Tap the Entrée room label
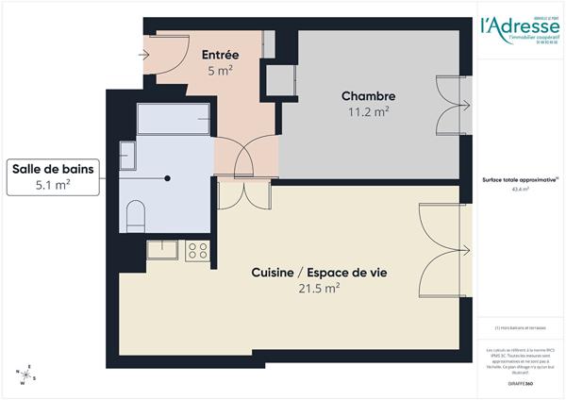pos(219,54)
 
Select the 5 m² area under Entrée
pos(219,70)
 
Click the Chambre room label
pos(368,96)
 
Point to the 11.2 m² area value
pos(368,112)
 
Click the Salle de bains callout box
pos(53,176)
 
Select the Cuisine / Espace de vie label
pos(319,273)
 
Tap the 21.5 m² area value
pos(319,290)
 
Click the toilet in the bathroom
pos(134,215)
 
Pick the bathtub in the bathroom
pos(174,120)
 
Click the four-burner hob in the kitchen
pos(197,250)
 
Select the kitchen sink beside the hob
pos(161,250)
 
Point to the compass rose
pos(26,375)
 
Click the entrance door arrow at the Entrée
pos(147,55)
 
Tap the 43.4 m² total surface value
pos(520,189)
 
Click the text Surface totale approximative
pos(519,179)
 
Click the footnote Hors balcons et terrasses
pos(520,327)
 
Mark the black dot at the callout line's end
pos(168,177)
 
